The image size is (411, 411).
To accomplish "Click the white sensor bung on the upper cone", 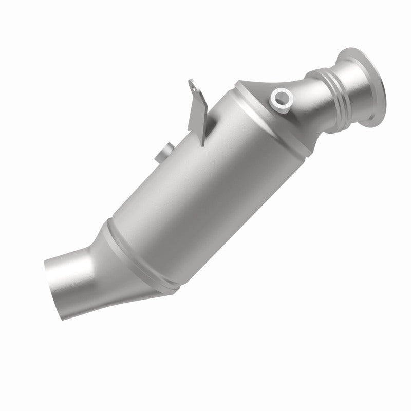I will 282,98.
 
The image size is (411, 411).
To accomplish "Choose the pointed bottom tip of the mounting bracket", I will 201,142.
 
